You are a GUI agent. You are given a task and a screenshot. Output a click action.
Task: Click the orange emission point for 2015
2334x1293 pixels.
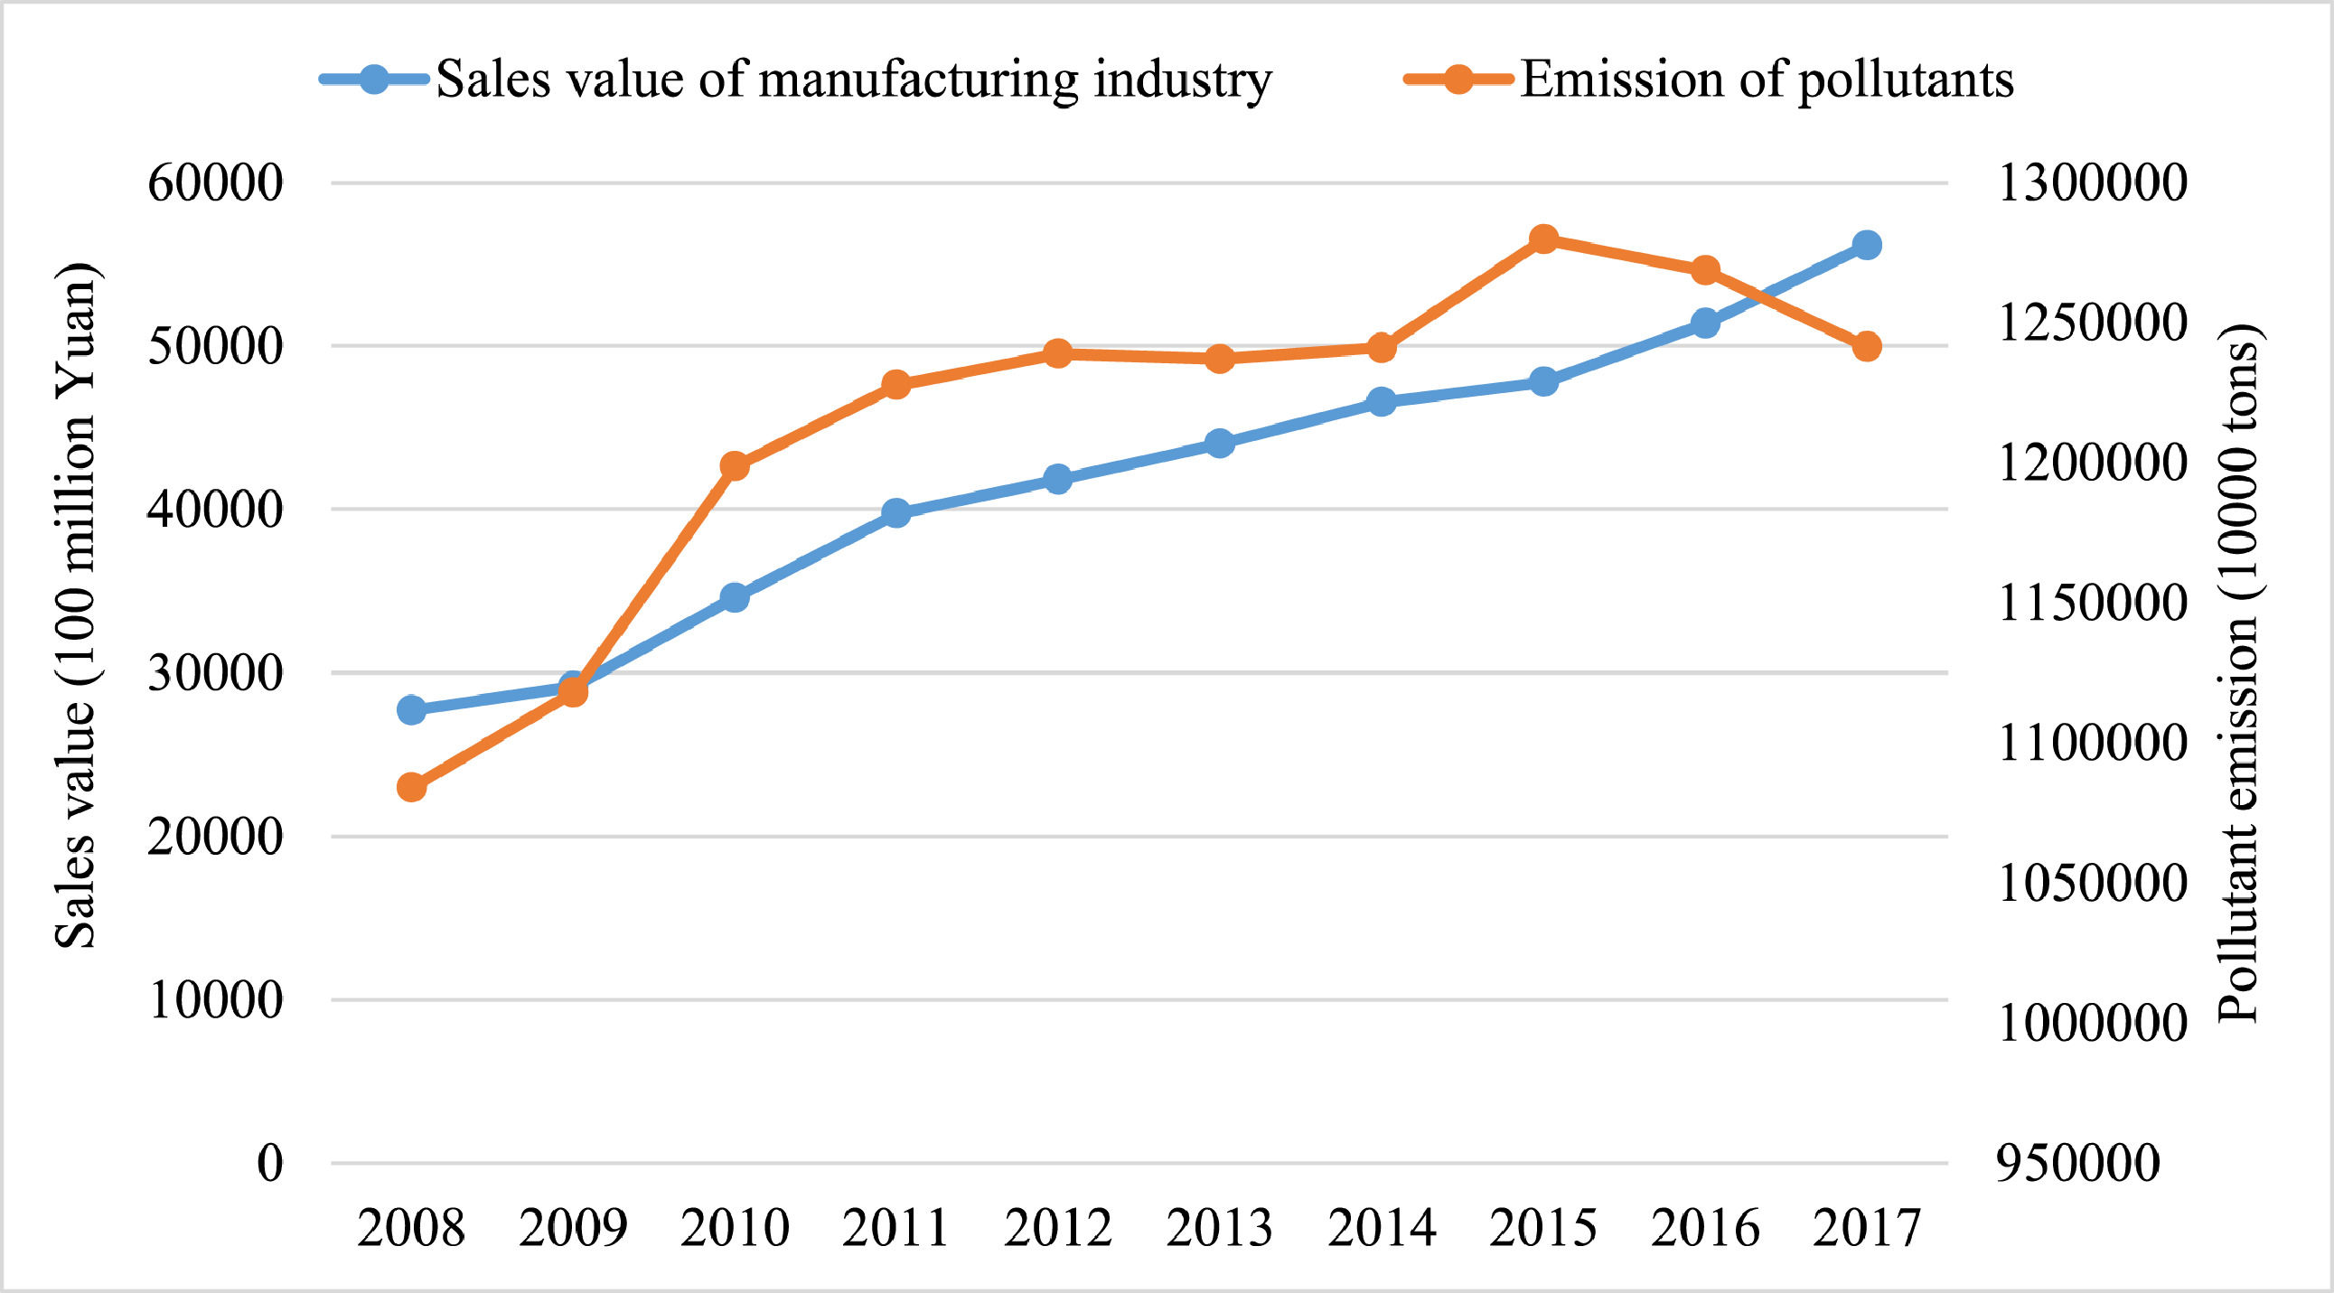click(1544, 240)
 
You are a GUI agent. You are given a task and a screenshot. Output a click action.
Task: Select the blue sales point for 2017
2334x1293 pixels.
click(1867, 245)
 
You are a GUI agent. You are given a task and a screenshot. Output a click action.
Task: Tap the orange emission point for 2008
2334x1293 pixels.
click(411, 786)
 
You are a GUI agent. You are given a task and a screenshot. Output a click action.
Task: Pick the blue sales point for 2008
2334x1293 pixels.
click(411, 709)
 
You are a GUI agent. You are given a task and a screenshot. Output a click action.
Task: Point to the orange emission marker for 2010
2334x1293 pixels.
click(735, 466)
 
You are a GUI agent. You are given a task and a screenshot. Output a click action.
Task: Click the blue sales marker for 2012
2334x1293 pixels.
click(1057, 478)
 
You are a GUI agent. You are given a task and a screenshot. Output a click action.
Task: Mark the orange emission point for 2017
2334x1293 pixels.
click(1867, 346)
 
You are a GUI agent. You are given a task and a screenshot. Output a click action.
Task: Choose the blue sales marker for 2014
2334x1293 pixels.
click(1382, 401)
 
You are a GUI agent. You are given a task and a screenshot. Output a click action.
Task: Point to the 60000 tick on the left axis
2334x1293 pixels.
click(216, 183)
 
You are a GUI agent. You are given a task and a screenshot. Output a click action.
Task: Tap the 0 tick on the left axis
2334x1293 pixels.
click(270, 1162)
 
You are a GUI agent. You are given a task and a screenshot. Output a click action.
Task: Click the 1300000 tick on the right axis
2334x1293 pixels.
click(2091, 183)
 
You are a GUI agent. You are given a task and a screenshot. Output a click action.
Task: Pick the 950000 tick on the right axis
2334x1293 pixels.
click(2078, 1162)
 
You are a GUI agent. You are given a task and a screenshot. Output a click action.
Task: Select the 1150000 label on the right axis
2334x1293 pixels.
click(2091, 603)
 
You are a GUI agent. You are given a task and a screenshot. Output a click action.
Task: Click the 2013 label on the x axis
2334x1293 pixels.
click(1220, 1229)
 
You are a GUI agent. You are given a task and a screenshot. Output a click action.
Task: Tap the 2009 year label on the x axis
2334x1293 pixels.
click(573, 1229)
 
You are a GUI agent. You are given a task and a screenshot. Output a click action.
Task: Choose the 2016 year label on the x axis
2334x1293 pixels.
click(1705, 1229)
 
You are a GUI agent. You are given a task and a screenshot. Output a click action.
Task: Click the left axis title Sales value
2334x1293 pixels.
click(76, 605)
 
